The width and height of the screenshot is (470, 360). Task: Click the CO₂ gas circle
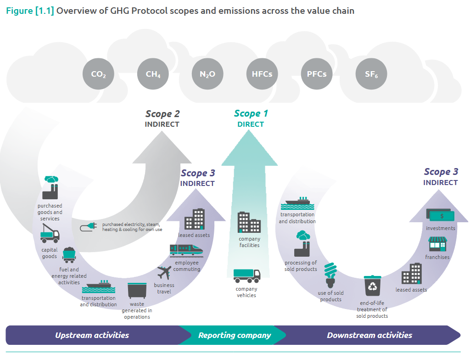[98, 74]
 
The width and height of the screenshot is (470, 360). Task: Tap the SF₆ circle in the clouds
[371, 74]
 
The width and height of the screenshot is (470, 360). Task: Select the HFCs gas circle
[262, 74]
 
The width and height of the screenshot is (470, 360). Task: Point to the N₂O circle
[207, 74]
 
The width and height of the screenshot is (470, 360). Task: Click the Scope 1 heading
[251, 113]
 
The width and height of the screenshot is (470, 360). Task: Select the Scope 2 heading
[162, 114]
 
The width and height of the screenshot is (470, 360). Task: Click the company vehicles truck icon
[246, 276]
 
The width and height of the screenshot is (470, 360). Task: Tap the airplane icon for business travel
[164, 273]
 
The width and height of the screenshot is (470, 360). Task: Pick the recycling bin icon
[372, 286]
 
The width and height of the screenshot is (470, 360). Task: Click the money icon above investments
[441, 215]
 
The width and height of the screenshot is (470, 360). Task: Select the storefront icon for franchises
[437, 244]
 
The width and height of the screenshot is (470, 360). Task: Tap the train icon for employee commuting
[186, 250]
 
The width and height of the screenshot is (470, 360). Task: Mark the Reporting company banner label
[235, 335]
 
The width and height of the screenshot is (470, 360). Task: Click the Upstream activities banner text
[92, 335]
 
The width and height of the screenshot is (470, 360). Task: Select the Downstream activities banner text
[369, 335]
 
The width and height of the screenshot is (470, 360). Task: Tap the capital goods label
[50, 253]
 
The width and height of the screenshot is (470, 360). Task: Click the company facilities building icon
[249, 222]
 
